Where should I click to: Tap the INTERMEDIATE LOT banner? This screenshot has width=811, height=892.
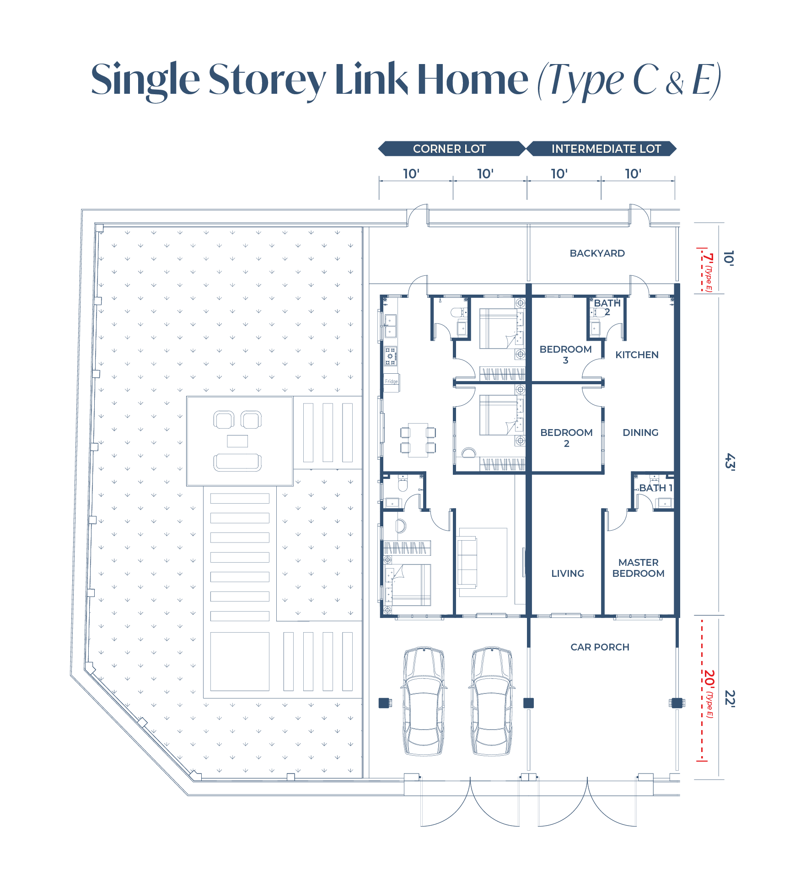(x=602, y=149)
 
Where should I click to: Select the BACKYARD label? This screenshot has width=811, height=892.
(x=597, y=253)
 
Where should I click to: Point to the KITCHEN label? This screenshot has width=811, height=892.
(x=637, y=355)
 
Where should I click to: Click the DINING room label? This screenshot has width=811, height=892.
(x=640, y=433)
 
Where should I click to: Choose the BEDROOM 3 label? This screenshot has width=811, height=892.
(x=566, y=355)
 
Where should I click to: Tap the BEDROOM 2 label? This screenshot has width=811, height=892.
(x=566, y=438)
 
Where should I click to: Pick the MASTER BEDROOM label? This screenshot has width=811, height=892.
(x=638, y=568)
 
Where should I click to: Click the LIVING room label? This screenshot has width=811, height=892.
(x=568, y=574)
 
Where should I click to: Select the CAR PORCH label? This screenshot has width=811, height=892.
(x=600, y=647)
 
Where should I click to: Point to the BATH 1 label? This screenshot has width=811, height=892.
(x=655, y=488)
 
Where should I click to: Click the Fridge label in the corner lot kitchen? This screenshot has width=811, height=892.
(x=391, y=382)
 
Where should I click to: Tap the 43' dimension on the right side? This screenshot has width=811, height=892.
(x=730, y=462)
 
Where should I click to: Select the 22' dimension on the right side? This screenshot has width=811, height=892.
(x=730, y=699)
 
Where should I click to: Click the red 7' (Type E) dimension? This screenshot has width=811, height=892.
(x=708, y=273)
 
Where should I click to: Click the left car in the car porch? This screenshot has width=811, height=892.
(x=424, y=700)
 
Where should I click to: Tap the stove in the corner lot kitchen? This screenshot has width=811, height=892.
(x=390, y=356)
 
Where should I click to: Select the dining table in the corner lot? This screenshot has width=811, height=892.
(x=418, y=440)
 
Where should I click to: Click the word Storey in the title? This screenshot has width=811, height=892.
(x=267, y=80)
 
